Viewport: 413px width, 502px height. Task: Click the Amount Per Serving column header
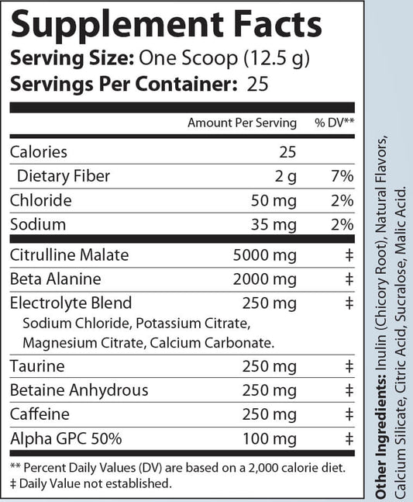[x=242, y=123]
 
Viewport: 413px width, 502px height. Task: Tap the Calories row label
[x=39, y=152]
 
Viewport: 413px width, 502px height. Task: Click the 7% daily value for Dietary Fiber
[x=342, y=176]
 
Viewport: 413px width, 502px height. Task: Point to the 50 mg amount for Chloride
[x=275, y=200]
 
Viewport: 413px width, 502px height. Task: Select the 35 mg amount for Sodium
[x=275, y=224]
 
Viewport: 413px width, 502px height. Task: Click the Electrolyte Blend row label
[x=71, y=303]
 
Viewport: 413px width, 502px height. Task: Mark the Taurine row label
[x=36, y=366]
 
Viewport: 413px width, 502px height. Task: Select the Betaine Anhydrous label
[x=68, y=390]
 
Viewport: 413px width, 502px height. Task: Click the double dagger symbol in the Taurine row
[x=349, y=366]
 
